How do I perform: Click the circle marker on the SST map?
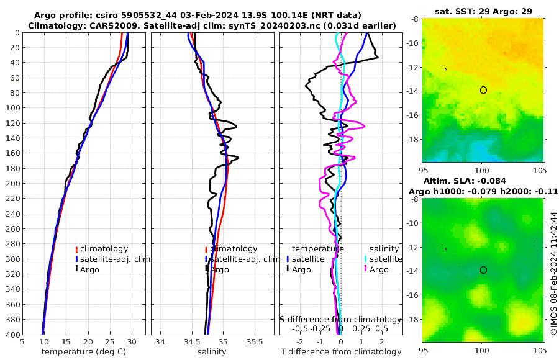483,90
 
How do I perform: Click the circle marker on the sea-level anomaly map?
483,270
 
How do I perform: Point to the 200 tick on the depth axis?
12,184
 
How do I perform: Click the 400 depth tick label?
12,335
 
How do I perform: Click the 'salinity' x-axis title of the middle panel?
211,352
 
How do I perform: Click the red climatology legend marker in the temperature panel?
76,249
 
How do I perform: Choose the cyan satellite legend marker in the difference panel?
366,259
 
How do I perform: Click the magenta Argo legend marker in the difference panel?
366,269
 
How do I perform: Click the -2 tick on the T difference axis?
300,341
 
